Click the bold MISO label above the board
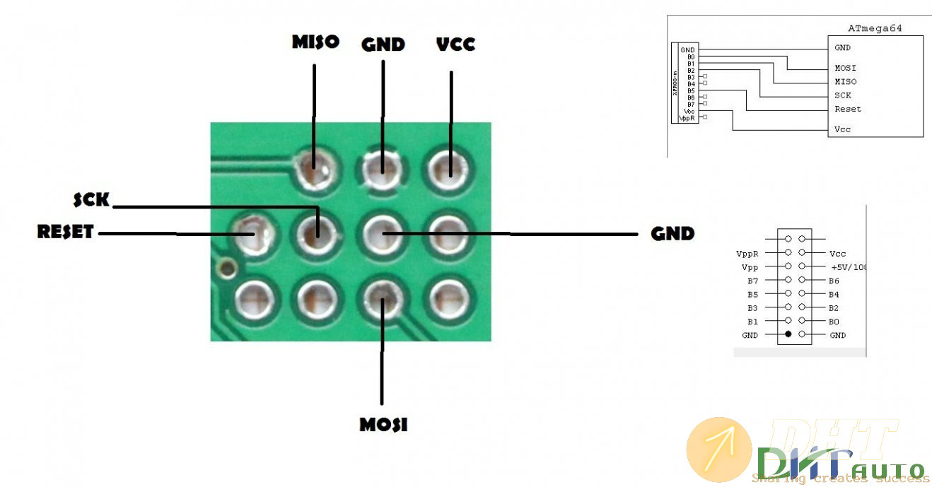(315, 42)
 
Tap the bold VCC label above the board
(456, 44)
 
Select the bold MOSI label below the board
(383, 425)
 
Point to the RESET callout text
(65, 232)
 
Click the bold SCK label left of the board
(92, 201)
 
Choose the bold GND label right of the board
(672, 233)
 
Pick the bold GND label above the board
(383, 44)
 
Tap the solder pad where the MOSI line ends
(382, 299)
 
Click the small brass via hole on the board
(227, 268)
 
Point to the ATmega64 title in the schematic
(875, 28)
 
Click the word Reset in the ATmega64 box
(847, 109)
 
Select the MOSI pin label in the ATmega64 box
(845, 68)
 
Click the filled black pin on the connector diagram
(788, 334)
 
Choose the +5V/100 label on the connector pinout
(849, 267)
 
